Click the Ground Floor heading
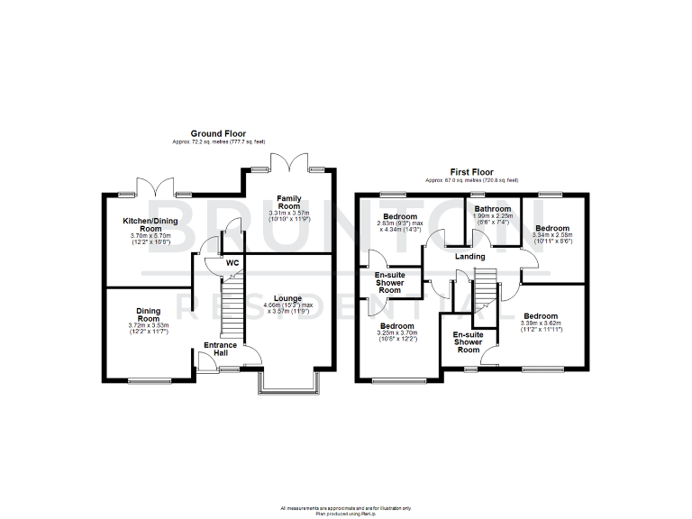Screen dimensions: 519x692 217,133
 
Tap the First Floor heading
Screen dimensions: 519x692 472,171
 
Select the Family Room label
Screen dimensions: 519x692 289,202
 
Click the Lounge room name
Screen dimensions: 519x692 288,298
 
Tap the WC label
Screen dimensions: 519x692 232,263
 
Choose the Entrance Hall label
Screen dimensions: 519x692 220,349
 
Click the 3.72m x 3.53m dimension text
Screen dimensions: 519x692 149,325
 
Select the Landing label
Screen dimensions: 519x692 470,256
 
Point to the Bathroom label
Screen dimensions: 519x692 493,209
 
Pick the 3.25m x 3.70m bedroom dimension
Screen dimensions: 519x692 396,333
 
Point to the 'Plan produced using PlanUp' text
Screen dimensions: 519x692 345,513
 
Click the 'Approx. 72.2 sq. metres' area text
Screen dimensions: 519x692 217,141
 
